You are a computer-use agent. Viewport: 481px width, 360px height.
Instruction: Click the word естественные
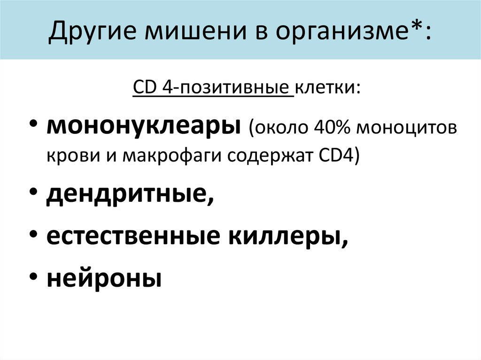pyautogui.click(x=134, y=237)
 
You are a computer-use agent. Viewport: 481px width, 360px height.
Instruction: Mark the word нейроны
pyautogui.click(x=104, y=278)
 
